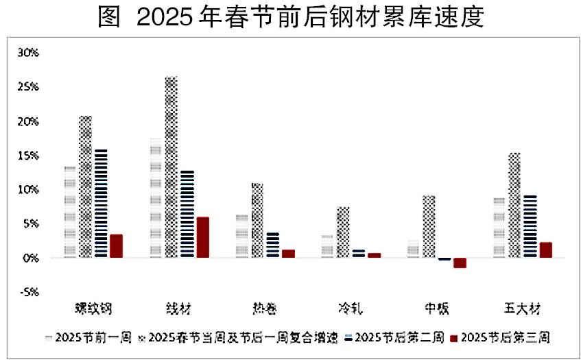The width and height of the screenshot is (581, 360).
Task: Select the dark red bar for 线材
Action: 202,237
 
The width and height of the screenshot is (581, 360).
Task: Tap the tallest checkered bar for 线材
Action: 171,167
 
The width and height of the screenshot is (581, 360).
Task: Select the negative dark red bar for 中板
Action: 460,263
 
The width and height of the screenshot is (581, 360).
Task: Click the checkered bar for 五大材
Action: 514,205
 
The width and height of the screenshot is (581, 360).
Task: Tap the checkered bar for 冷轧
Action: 343,232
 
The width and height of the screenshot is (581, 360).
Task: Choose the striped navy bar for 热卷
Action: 272,245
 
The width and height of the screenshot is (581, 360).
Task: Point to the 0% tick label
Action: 30,259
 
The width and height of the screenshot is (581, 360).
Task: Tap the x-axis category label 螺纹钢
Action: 93,308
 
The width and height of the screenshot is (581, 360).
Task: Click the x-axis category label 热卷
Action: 265,308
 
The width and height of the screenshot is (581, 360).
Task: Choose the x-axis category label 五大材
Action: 522,308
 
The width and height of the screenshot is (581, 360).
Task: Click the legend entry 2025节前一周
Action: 83,337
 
